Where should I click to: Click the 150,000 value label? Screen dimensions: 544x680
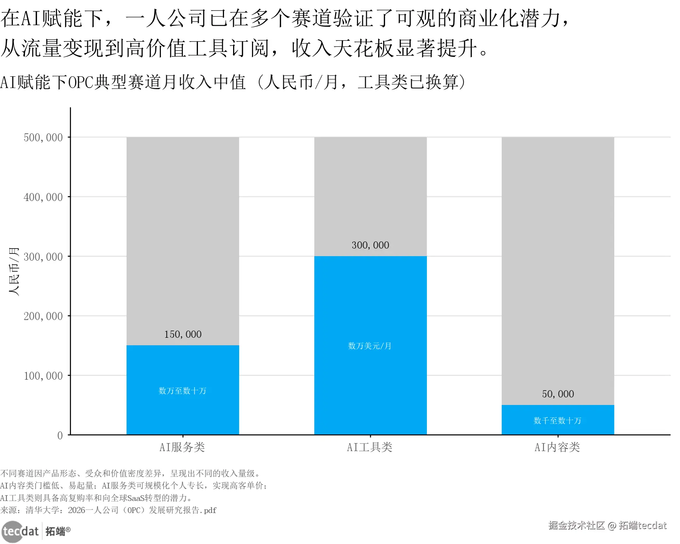pyautogui.click(x=183, y=334)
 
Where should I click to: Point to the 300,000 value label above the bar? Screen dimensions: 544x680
pyautogui.click(x=370, y=245)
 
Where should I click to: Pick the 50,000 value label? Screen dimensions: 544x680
pyautogui.click(x=558, y=394)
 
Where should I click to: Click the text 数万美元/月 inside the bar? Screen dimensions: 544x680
pyautogui.click(x=369, y=346)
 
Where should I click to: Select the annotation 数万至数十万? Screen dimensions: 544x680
pyautogui.click(x=182, y=391)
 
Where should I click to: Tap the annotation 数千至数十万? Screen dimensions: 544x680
pyautogui.click(x=557, y=420)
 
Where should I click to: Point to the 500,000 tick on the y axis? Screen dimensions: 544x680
pyautogui.click(x=43, y=138)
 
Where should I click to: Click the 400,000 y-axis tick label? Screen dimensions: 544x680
pyautogui.click(x=43, y=197)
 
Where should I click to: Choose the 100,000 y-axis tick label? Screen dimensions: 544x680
pyautogui.click(x=43, y=376)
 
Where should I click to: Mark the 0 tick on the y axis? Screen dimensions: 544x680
pyautogui.click(x=60, y=435)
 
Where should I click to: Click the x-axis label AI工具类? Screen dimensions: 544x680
pyautogui.click(x=369, y=447)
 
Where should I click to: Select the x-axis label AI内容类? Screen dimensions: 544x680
pyautogui.click(x=557, y=447)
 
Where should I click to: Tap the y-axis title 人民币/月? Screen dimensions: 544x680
pyautogui.click(x=14, y=271)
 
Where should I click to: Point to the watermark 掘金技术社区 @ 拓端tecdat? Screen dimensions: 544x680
pyautogui.click(x=607, y=525)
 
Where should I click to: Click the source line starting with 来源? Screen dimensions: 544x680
pyautogui.click(x=108, y=510)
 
